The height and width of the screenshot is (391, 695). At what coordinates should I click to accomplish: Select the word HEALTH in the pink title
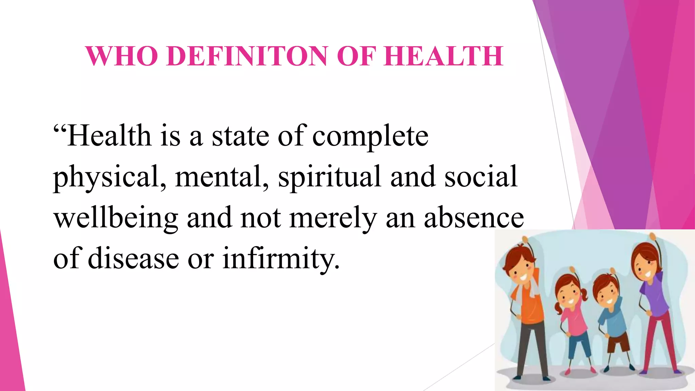[444, 56]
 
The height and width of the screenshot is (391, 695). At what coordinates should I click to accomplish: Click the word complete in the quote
[370, 136]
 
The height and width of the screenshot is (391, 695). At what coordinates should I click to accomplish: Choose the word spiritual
[329, 177]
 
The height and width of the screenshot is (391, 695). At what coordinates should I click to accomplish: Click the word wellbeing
[116, 218]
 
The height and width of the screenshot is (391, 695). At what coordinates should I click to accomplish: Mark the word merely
[333, 218]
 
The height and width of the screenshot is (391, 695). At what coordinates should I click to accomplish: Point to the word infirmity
[281, 259]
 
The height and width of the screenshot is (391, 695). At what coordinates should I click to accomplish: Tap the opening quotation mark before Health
[60, 129]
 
